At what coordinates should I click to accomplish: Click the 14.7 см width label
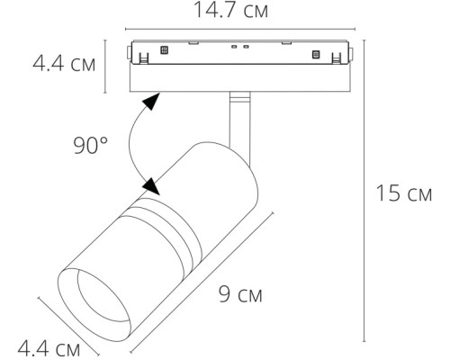click(233, 11)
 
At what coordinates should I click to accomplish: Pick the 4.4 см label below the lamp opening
click(49, 347)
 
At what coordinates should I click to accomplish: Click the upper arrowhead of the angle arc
click(156, 100)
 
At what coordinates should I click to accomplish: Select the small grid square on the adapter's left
click(163, 51)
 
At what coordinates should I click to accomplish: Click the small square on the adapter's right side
click(316, 55)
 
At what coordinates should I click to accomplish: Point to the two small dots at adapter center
click(238, 46)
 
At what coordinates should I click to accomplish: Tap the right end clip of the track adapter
click(339, 56)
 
